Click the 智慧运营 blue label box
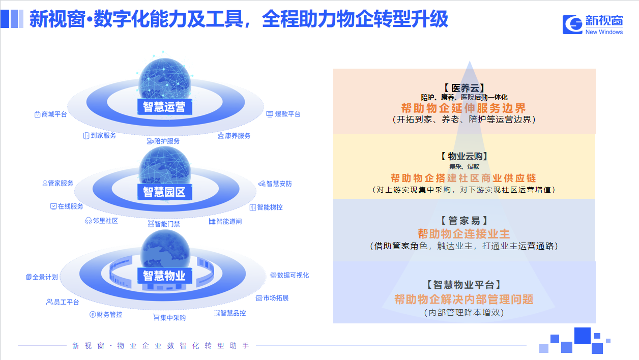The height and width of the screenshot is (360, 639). (x=165, y=107)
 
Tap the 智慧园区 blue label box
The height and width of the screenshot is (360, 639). (x=165, y=192)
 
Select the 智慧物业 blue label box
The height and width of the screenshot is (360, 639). (x=165, y=276)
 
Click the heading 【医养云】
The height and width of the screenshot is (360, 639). (x=464, y=88)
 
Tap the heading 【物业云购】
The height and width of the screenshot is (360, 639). (x=464, y=156)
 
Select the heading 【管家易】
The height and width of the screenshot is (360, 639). (x=464, y=220)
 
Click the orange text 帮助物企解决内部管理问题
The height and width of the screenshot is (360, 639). (x=464, y=299)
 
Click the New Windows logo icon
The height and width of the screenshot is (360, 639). (x=572, y=24)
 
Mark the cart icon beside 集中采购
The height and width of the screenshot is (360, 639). (x=156, y=317)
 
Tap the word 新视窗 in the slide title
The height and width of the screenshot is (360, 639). (x=57, y=19)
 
